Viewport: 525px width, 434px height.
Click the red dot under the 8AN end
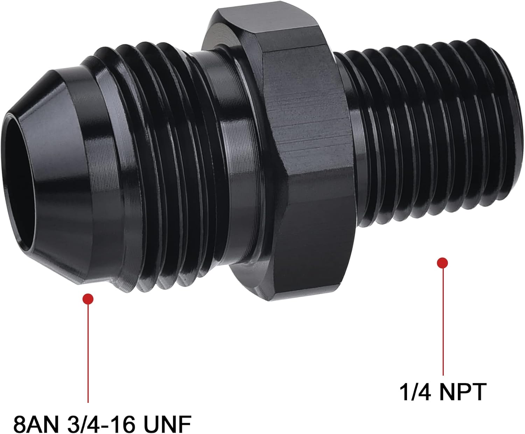click(88, 299)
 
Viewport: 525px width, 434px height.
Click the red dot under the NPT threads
click(443, 263)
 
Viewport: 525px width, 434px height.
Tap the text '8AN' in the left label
click(32, 424)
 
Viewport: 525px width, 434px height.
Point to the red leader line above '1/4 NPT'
click(443, 322)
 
